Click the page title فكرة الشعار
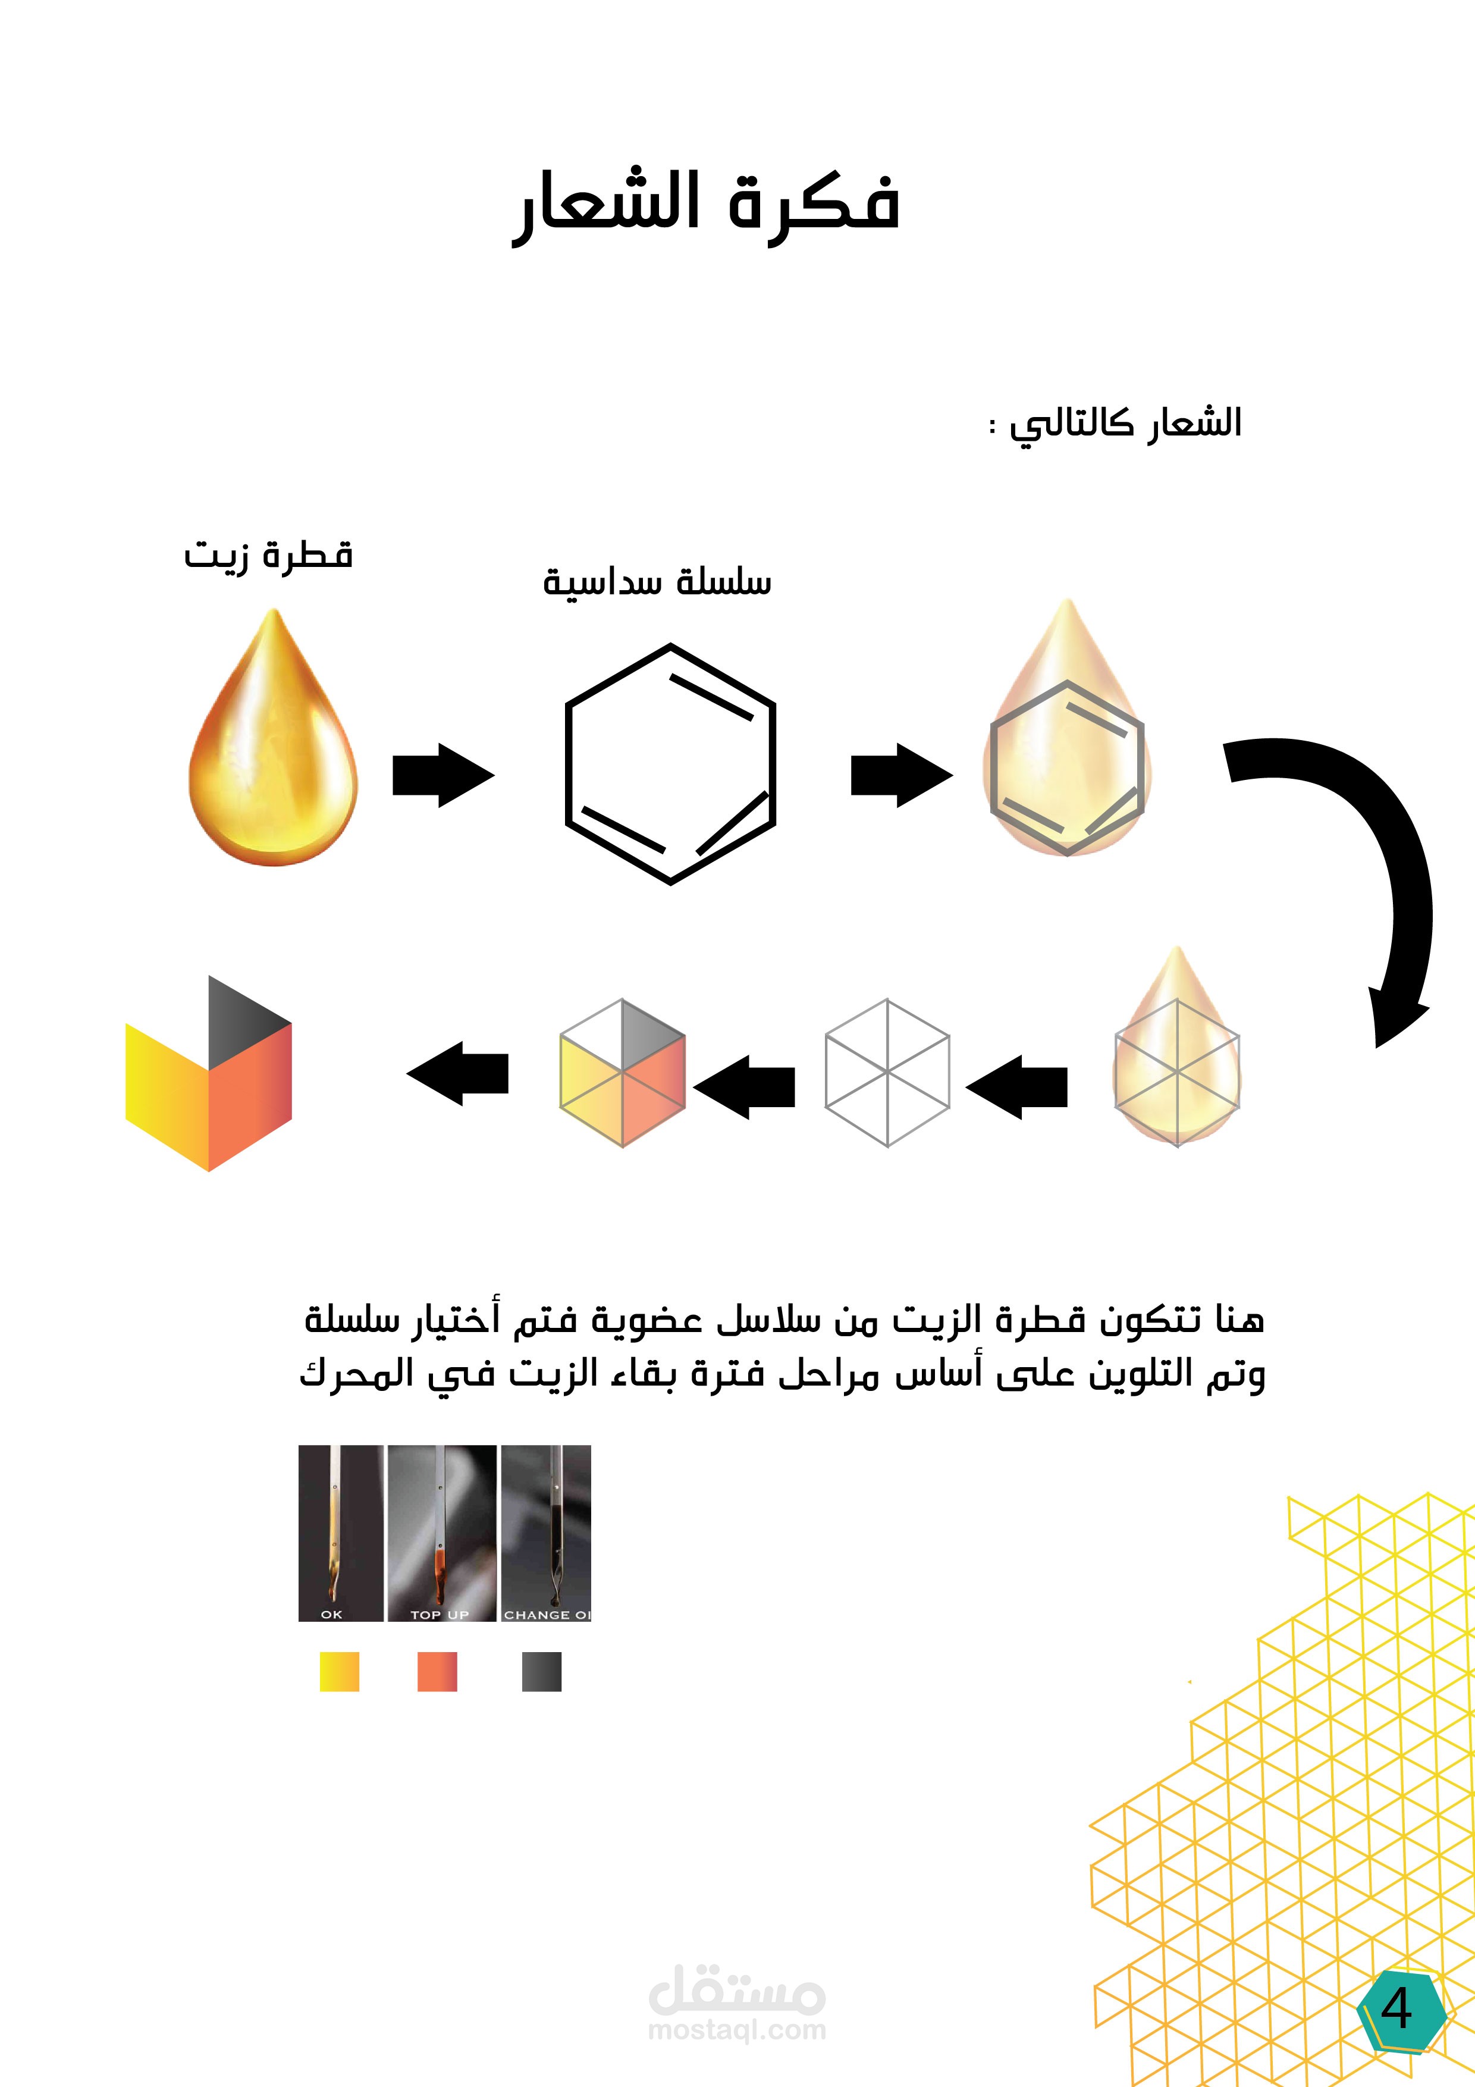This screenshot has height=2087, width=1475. [706, 205]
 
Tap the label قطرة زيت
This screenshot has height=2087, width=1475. [268, 554]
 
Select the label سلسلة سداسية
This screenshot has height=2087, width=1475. [657, 582]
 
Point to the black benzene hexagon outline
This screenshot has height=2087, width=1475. [670, 763]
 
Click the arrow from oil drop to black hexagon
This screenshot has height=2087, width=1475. [442, 775]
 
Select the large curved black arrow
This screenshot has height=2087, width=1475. [1363, 863]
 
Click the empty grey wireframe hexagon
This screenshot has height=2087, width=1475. [887, 1073]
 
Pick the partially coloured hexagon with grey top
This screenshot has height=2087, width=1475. [623, 1073]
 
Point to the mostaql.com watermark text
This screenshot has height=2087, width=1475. [736, 2030]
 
